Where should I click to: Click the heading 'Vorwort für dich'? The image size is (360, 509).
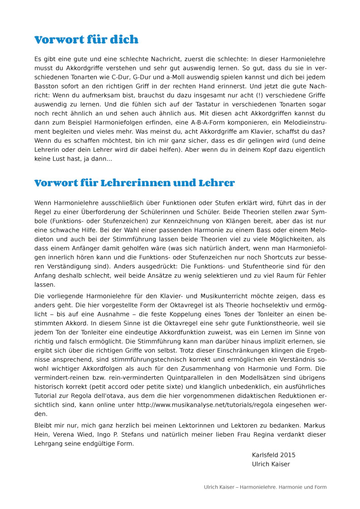point(86,40)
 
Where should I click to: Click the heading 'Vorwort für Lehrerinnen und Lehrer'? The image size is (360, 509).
point(135,183)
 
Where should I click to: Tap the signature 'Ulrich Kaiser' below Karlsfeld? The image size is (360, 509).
point(271,464)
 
